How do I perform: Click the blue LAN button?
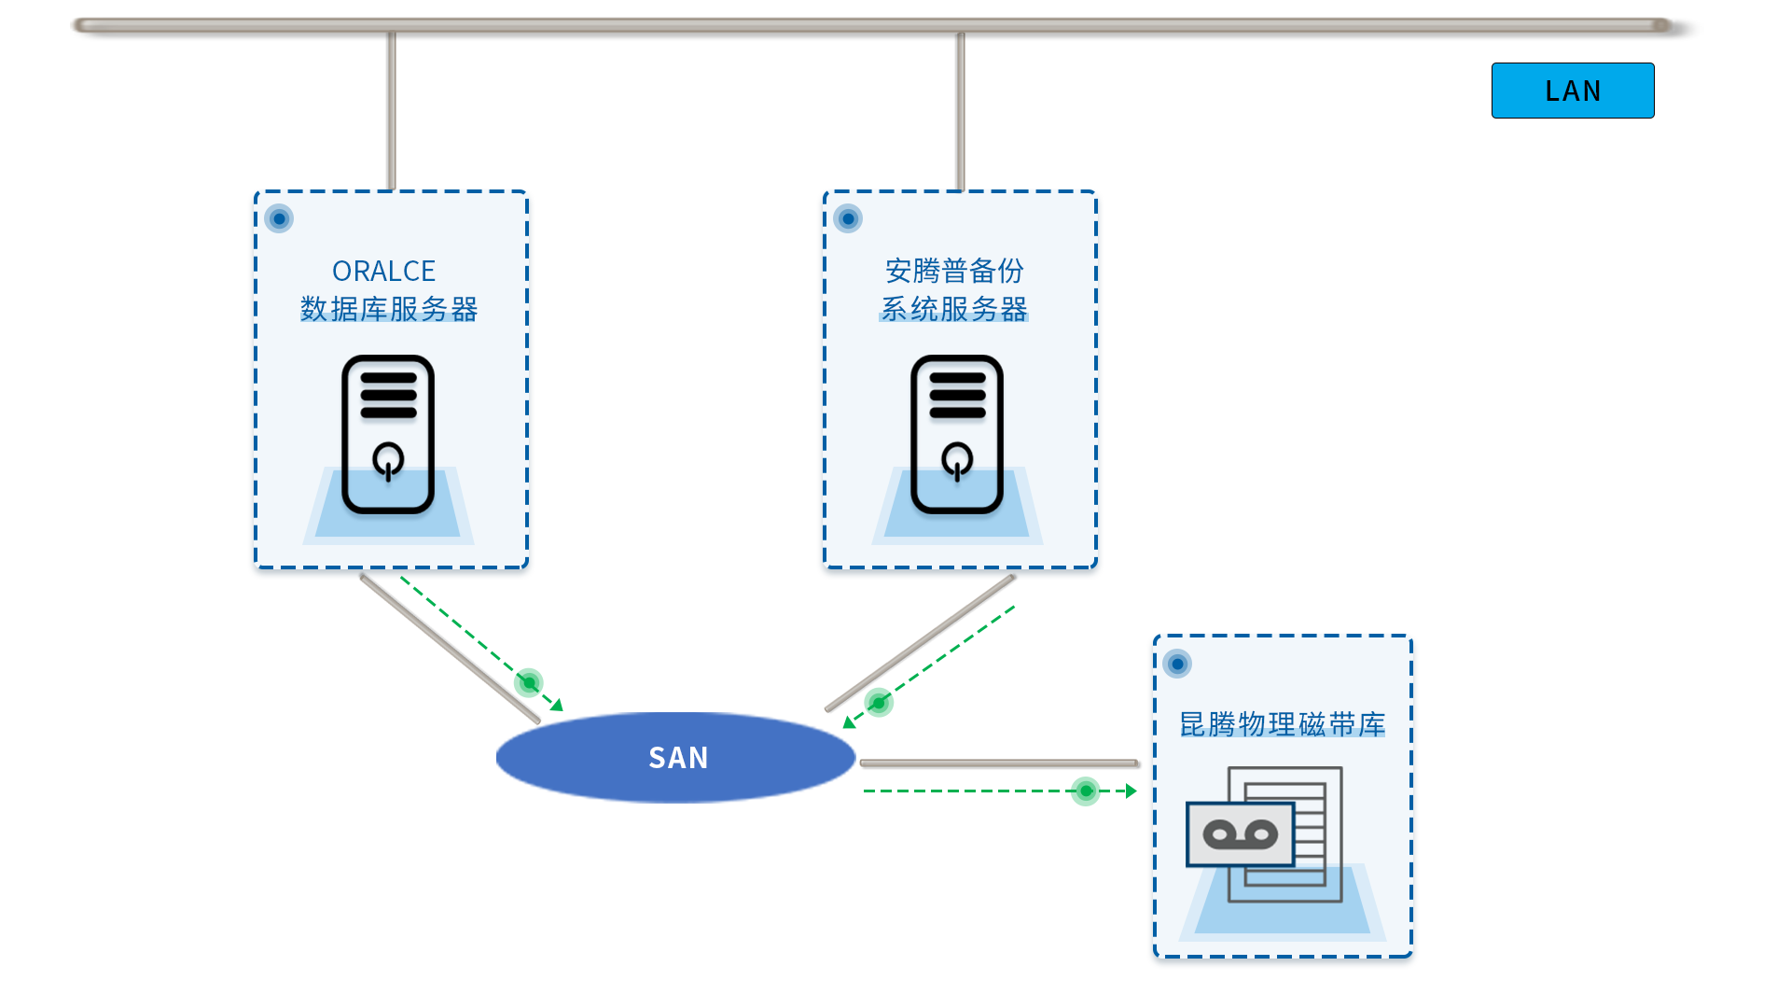[1573, 91]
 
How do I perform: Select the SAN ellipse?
[676, 757]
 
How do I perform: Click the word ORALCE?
[383, 271]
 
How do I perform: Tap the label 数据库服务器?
[389, 309]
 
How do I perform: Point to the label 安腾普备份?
[954, 271]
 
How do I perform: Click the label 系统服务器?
[954, 309]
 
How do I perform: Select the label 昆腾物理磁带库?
[1283, 724]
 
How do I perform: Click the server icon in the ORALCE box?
[388, 434]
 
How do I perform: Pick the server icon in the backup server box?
[957, 434]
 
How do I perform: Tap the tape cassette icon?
[1241, 834]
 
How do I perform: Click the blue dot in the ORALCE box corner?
[279, 218]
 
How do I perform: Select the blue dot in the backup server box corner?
[848, 218]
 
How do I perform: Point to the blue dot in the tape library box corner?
[1177, 664]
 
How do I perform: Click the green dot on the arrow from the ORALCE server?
[529, 682]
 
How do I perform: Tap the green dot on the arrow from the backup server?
[879, 702]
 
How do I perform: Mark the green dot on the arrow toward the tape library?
[1086, 791]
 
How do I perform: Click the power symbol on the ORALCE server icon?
[388, 460]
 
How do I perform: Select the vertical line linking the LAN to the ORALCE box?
[392, 111]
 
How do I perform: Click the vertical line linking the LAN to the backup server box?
[961, 111]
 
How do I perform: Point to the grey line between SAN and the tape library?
[999, 763]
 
